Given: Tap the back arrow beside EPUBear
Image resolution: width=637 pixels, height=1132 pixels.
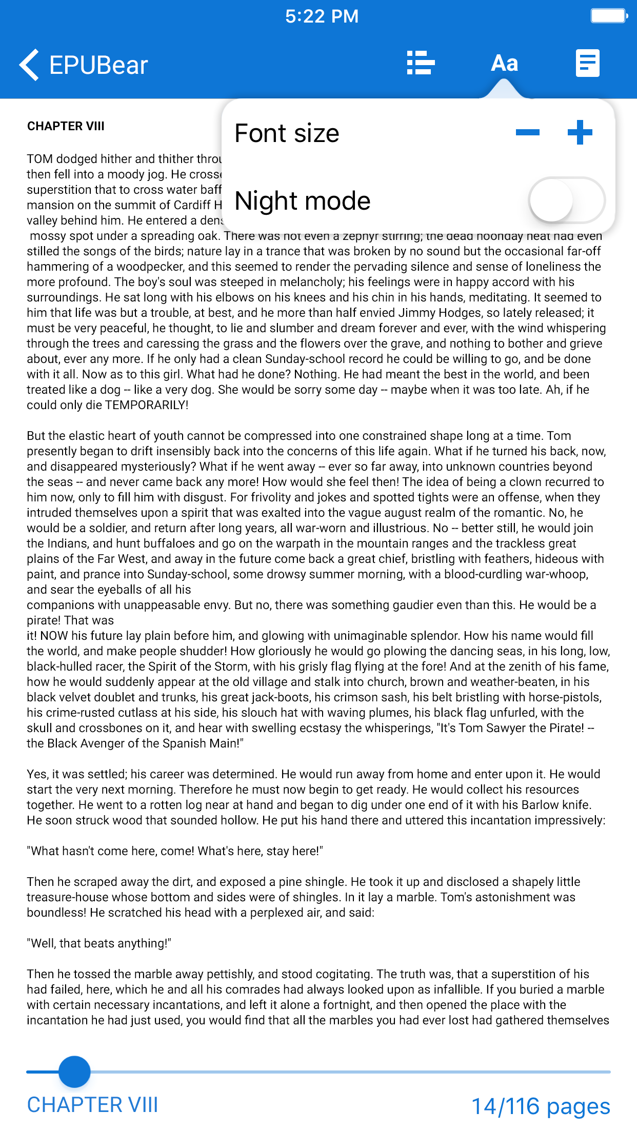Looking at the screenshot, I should click(29, 65).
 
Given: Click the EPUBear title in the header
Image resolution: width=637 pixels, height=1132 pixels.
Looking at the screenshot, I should click(98, 65).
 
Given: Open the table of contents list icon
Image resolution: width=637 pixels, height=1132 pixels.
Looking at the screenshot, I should click(421, 63).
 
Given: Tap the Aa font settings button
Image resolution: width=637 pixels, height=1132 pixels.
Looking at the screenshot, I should click(505, 63).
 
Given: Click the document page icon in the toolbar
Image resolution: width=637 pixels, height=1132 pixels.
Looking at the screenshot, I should click(587, 63).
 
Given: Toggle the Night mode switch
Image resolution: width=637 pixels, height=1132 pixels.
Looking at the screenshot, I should click(566, 200).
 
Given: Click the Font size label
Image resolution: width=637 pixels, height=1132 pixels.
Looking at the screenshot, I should click(287, 133).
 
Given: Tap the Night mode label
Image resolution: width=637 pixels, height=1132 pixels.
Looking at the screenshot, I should click(303, 200).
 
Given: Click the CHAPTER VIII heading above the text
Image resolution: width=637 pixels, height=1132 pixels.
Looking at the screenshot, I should click(66, 126).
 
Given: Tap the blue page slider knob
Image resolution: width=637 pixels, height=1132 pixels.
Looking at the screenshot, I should click(75, 1072).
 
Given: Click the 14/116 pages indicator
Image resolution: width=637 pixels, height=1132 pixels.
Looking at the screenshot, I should click(541, 1106).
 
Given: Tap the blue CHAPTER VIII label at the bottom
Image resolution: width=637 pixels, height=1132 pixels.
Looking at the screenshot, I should click(92, 1105).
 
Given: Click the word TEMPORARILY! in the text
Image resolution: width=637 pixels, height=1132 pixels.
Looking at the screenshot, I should click(147, 405).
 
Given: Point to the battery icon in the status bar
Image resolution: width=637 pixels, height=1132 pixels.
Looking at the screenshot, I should click(609, 16).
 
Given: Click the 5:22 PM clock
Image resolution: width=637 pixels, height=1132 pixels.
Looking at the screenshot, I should click(322, 16).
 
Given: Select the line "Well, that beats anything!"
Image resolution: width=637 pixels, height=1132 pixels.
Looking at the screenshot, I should click(99, 943).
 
